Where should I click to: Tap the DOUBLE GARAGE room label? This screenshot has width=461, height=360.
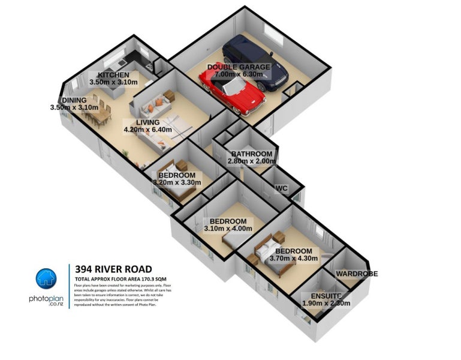(239, 67)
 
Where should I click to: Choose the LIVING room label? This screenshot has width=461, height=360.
(147, 122)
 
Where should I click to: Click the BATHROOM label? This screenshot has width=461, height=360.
(252, 154)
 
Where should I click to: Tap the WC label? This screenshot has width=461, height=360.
(282, 188)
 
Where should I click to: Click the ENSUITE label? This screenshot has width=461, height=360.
(326, 296)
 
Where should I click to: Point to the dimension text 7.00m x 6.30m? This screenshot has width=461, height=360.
(239, 75)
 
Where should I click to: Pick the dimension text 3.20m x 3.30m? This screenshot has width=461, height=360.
(176, 182)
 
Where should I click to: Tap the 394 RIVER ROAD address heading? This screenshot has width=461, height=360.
(113, 269)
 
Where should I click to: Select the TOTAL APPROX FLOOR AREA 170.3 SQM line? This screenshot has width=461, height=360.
(119, 280)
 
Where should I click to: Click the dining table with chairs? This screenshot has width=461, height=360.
(98, 113)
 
